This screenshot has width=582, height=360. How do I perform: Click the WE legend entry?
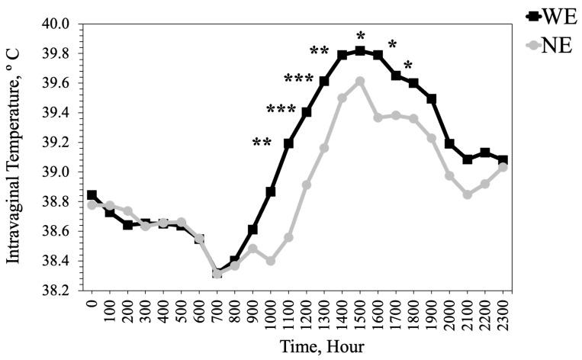coord(550,16)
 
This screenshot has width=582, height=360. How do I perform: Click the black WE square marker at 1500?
coord(360,51)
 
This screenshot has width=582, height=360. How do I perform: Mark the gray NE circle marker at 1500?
coord(360,81)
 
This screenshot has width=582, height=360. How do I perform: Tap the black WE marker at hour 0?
coord(92,195)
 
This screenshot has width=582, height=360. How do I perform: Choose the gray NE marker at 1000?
coord(271,261)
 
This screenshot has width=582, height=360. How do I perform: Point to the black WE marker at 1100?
coord(288,143)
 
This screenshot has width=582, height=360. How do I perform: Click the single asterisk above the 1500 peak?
coord(361,35)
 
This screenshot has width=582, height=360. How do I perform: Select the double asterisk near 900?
coord(262,142)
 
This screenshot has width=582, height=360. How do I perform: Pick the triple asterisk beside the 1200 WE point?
coord(298,79)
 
